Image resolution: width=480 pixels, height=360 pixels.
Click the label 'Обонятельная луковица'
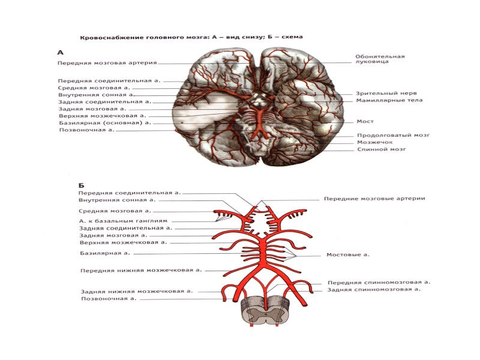[379, 59]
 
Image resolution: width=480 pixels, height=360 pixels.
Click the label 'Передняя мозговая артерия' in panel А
[107, 62]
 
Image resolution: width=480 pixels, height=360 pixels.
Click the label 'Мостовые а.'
[348, 254]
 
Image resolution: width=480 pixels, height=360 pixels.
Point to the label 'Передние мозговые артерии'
[374, 199]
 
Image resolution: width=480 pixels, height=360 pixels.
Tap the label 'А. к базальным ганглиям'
[123, 220]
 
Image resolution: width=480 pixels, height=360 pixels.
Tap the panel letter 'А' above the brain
[61, 52]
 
